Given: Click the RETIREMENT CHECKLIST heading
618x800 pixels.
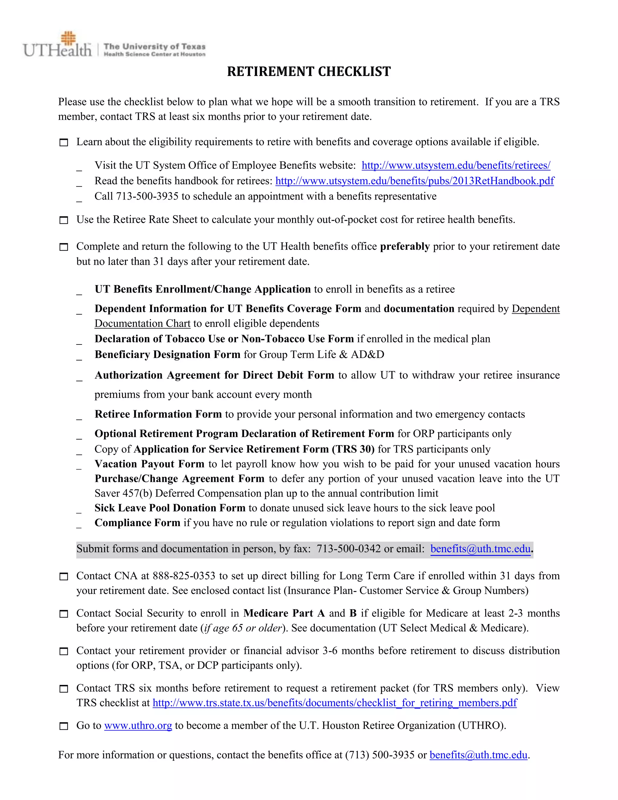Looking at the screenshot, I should click(309, 72).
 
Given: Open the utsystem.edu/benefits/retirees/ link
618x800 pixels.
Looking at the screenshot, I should click(456, 165).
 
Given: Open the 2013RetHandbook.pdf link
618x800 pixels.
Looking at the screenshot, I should click(414, 181).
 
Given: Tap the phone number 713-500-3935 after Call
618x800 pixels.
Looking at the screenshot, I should click(147, 196).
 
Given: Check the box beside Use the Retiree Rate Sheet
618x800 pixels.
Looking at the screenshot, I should click(64, 220).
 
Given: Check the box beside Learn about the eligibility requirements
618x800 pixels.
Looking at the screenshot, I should click(64, 142).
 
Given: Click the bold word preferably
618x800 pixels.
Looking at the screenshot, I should click(405, 247).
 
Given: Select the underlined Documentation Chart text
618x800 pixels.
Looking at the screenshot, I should click(142, 324).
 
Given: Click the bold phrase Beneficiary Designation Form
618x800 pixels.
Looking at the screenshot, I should click(167, 355).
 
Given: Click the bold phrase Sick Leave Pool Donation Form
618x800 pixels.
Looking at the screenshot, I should click(170, 508).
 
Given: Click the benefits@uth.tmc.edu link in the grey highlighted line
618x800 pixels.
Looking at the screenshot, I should click(480, 549).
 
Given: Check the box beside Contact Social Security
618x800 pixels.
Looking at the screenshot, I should click(64, 614).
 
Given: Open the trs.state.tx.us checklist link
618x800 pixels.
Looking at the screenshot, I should click(334, 703).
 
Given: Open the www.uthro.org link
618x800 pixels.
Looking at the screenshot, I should click(138, 726).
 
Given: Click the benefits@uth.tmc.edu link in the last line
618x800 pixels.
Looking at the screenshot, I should click(478, 755).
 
